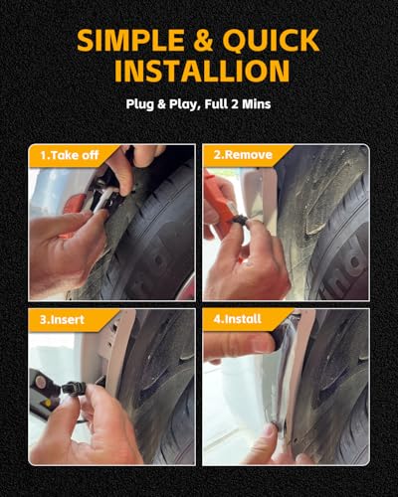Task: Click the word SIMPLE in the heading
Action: (130, 40)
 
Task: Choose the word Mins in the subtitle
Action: (257, 103)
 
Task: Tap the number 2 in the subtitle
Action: (235, 103)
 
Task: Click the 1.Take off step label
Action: (70, 155)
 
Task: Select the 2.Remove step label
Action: (243, 155)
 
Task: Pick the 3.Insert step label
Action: (62, 320)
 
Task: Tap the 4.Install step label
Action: (238, 319)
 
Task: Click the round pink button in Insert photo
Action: (41, 382)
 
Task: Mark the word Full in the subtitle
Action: (216, 103)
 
